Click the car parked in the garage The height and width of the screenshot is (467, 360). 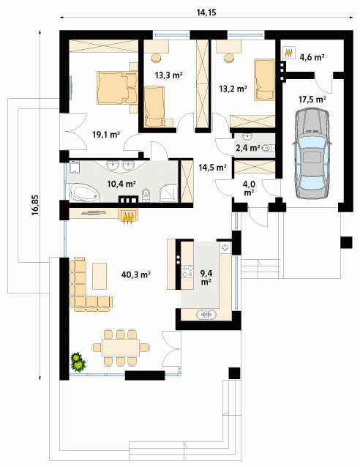pos(312,154)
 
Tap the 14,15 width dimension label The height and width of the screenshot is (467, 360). pos(206,12)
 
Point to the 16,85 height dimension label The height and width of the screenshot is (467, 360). pos(35,205)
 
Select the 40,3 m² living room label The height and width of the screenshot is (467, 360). pos(136,274)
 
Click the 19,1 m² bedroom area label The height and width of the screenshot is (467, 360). pos(106,135)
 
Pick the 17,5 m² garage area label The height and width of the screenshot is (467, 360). pos(312,99)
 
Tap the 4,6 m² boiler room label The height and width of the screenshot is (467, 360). pos(312,57)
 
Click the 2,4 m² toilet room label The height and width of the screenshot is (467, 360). pos(248,147)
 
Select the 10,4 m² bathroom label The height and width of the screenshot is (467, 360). pos(121,184)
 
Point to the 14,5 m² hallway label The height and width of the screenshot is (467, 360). pos(213,168)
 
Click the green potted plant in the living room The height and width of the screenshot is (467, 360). pos(78,362)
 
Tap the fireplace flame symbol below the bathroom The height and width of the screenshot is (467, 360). pos(128,217)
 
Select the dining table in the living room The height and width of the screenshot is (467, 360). pos(121,347)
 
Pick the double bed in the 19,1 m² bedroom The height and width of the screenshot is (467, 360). pos(116,88)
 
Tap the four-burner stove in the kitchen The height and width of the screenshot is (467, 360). pos(187,271)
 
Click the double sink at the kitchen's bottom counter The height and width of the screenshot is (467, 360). pos(206,314)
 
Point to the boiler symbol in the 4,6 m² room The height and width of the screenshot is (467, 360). pos(288,53)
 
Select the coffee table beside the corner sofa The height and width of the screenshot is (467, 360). pos(100,276)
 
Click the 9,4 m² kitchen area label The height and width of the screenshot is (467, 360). pos(206,277)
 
